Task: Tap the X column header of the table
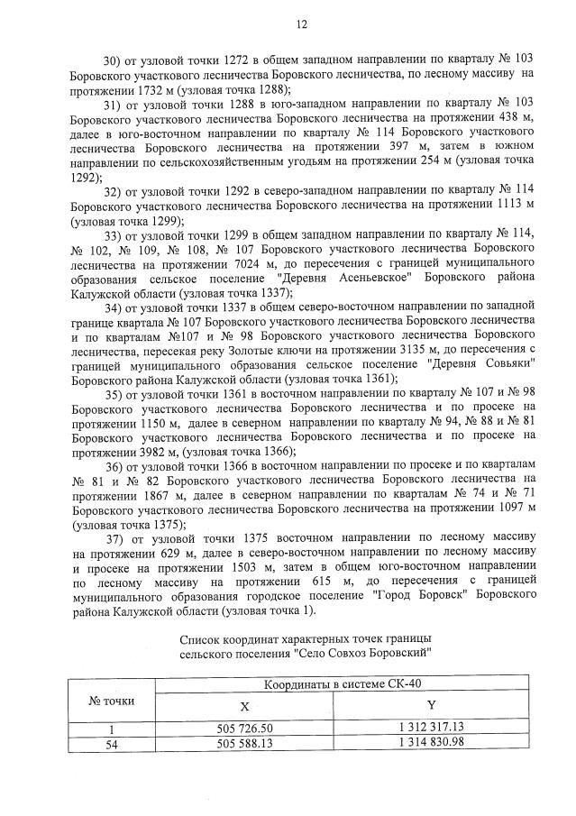pos(244,707)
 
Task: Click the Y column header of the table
pos(431,706)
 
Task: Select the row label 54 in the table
pos(112,743)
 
